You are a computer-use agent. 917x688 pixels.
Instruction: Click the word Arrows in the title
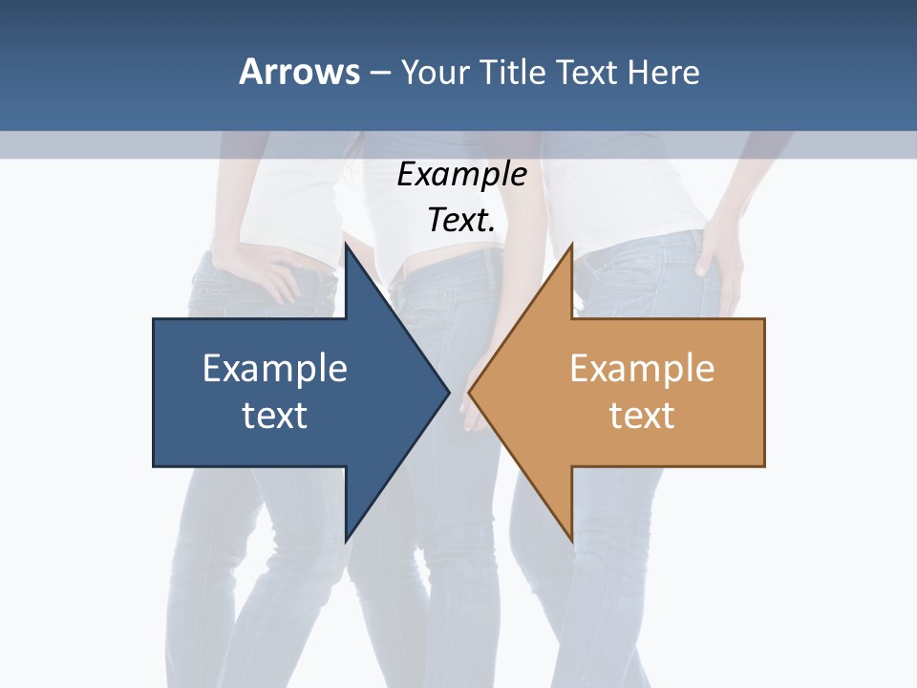pos(299,72)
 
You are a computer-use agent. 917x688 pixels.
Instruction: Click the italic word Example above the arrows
pos(461,174)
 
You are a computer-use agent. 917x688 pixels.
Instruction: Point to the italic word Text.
pos(461,220)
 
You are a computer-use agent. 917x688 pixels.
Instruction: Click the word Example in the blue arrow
pos(275,368)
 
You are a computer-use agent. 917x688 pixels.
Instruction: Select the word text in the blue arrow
pos(275,415)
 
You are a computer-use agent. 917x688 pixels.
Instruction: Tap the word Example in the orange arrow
pos(642,368)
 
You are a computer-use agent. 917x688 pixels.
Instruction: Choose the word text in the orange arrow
pos(642,415)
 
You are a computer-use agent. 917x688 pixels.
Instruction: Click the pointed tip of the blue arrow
pos(449,392)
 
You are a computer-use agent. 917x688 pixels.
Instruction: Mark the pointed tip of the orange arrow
pos(469,392)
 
